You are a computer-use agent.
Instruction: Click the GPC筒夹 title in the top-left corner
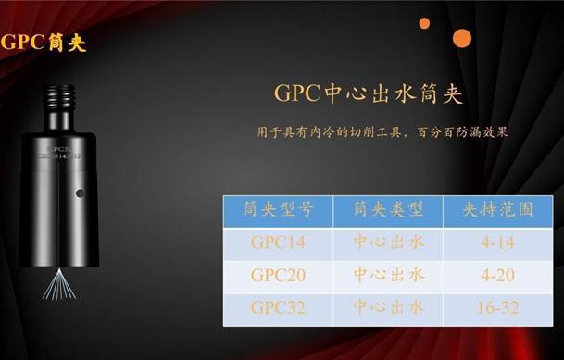point(44,43)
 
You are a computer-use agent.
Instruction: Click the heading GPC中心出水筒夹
point(368,94)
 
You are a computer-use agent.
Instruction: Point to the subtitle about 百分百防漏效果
point(382,132)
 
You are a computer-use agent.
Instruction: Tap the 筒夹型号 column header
point(278,210)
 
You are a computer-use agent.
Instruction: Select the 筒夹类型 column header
point(388,210)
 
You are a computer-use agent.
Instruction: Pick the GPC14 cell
point(278,242)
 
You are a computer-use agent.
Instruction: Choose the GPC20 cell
point(278,275)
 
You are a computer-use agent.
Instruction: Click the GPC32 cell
point(278,307)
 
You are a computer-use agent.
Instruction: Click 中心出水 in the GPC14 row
point(389,242)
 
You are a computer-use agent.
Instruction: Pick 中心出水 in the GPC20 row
point(389,275)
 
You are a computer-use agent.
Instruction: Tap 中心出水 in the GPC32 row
point(389,307)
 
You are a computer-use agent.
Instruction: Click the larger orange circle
point(461,38)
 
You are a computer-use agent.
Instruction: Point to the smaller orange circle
point(424,23)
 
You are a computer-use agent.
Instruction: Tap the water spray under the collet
point(58,286)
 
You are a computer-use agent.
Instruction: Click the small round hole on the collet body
point(80,193)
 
